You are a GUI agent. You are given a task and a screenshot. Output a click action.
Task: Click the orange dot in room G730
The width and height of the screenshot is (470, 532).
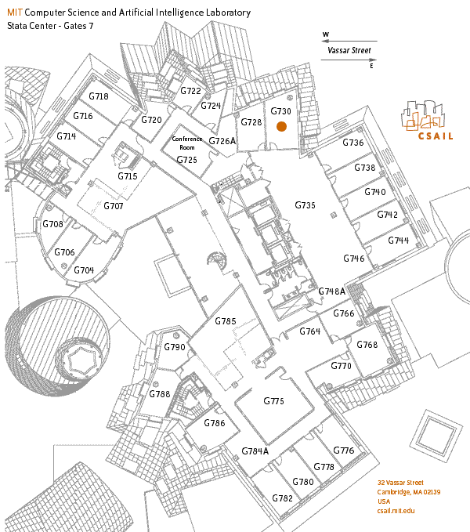[281, 125]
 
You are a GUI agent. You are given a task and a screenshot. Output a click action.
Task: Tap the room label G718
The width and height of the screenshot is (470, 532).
[99, 96]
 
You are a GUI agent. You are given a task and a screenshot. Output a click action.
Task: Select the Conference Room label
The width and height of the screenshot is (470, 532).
[187, 143]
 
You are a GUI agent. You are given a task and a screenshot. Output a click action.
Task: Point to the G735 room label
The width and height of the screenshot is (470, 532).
[305, 205]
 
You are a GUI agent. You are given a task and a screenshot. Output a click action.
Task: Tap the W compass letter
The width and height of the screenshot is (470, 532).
[326, 35]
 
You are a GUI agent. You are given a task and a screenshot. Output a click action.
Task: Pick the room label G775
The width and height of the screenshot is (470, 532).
[273, 401]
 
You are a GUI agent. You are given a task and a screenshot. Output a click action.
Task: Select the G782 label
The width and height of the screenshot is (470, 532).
[283, 498]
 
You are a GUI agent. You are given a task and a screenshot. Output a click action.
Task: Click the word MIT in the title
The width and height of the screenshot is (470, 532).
[14, 13]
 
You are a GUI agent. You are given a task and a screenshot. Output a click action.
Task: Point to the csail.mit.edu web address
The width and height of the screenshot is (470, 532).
[396, 511]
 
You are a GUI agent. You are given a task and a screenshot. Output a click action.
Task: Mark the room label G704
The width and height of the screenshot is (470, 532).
[84, 270]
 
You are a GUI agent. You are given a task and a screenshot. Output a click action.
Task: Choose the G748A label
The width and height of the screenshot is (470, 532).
[332, 291]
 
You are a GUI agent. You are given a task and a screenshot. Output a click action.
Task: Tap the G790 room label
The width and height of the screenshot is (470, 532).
[174, 347]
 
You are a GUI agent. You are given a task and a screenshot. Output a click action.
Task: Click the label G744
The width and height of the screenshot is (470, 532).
[398, 241]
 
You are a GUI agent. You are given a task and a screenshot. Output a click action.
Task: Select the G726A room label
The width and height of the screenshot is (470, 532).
[222, 141]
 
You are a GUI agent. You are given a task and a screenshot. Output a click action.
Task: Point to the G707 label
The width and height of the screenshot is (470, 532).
[114, 206]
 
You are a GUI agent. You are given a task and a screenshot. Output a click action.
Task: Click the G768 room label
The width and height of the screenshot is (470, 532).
[367, 346]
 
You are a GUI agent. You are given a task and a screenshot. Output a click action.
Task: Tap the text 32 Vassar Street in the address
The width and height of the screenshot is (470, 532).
[400, 483]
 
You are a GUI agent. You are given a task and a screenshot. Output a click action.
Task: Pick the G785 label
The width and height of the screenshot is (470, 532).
[226, 322]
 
